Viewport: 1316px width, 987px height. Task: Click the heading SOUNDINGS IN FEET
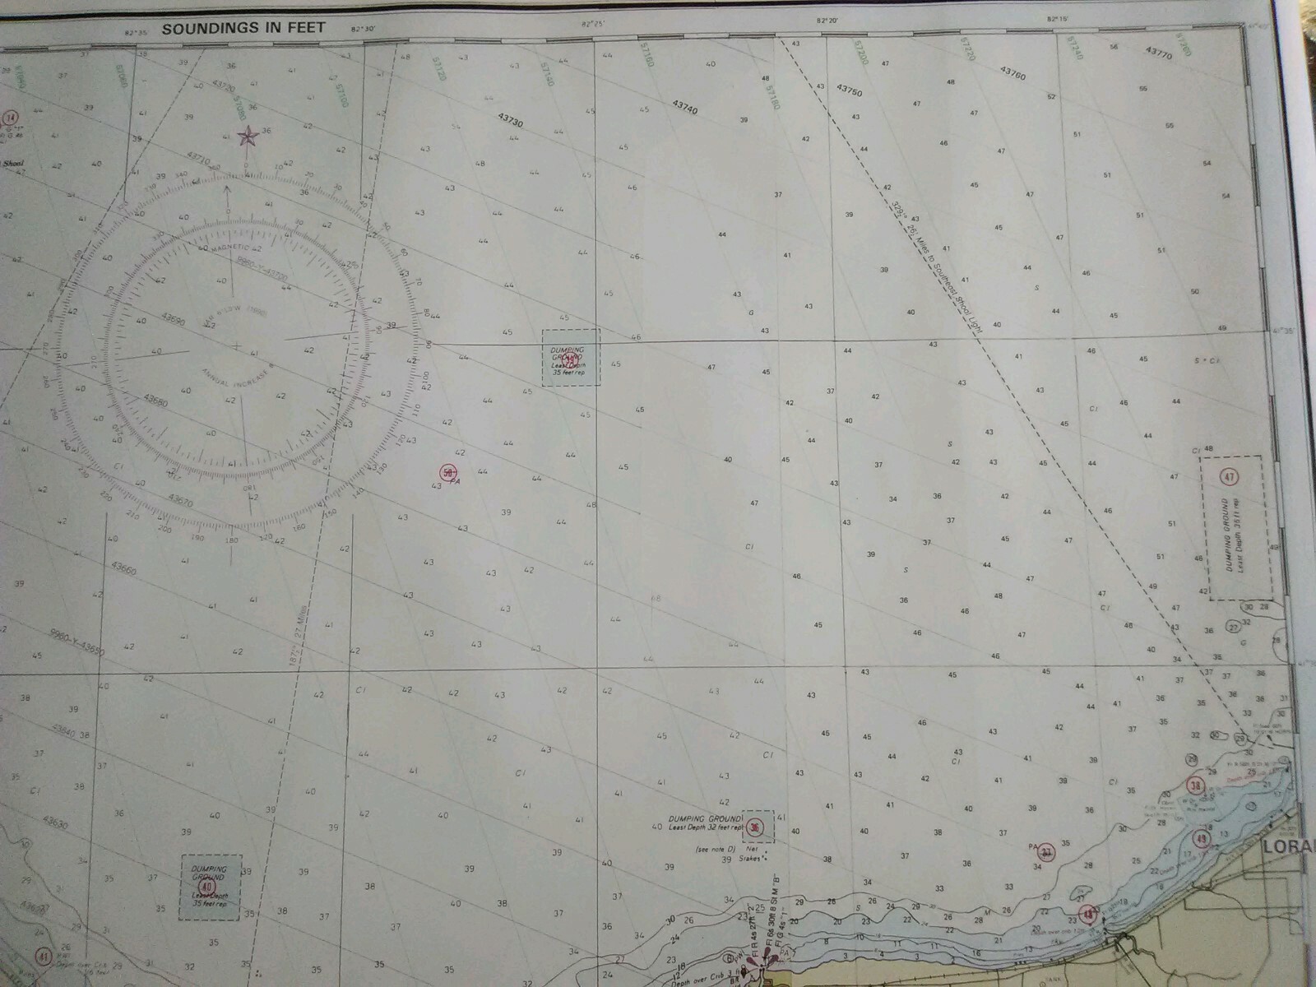coord(243,28)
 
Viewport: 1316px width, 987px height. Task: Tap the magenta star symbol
coord(245,137)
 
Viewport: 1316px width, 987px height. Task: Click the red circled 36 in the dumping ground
coord(755,827)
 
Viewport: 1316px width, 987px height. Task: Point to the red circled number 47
coord(1230,476)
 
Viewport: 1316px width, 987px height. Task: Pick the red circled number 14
coord(10,117)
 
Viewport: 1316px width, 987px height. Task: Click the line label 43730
coord(510,120)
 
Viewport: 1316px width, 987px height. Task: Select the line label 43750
coord(849,90)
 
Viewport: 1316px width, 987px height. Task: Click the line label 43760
coord(1012,73)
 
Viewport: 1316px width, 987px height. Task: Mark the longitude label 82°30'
coord(362,29)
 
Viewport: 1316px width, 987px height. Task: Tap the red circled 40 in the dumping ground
coord(206,887)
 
